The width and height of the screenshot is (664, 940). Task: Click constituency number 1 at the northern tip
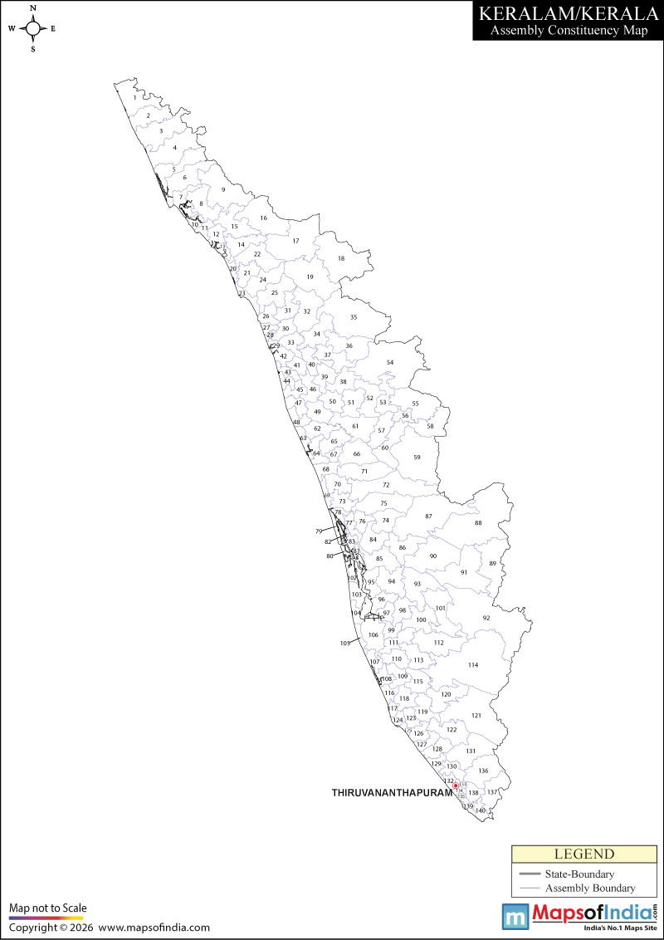click(x=134, y=98)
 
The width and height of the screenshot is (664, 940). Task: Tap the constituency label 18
click(x=340, y=259)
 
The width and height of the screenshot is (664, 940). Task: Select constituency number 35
click(x=354, y=318)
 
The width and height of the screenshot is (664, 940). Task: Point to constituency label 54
click(x=390, y=363)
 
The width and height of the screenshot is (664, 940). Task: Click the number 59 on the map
click(x=417, y=458)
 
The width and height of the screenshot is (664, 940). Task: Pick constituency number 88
click(x=478, y=523)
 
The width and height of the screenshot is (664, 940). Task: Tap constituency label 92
click(x=486, y=618)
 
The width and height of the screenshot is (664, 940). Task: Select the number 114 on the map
click(x=473, y=665)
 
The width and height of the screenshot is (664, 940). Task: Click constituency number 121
click(x=476, y=715)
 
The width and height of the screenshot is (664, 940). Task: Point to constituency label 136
click(x=483, y=771)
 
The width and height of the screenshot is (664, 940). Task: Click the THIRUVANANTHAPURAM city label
click(x=392, y=793)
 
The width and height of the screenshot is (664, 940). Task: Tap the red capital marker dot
click(x=456, y=785)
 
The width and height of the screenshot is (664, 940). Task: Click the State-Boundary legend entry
click(x=579, y=874)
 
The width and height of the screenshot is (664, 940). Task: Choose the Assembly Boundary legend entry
click(x=589, y=888)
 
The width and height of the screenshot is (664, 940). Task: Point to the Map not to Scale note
click(x=48, y=908)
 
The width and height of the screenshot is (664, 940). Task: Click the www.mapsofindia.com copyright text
click(x=154, y=928)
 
